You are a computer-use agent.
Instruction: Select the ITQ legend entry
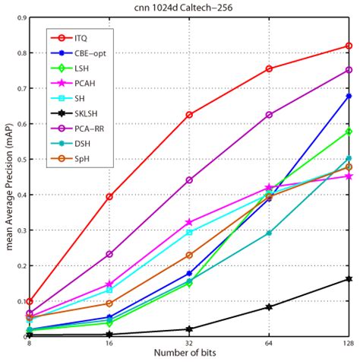[x=81, y=37]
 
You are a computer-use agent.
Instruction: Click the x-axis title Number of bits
[x=189, y=354]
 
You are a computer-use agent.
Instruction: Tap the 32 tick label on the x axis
[x=189, y=344]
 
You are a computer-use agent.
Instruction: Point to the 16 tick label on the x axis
[x=109, y=344]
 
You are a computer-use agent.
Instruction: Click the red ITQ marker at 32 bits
[x=189, y=115]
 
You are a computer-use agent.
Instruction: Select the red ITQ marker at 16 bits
[x=109, y=196]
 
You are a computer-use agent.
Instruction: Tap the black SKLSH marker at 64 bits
[x=269, y=307]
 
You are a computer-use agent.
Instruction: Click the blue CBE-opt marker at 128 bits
[x=349, y=96]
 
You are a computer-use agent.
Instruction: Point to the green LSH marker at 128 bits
[x=349, y=132]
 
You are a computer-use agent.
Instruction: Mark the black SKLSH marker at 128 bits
[x=349, y=279]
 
